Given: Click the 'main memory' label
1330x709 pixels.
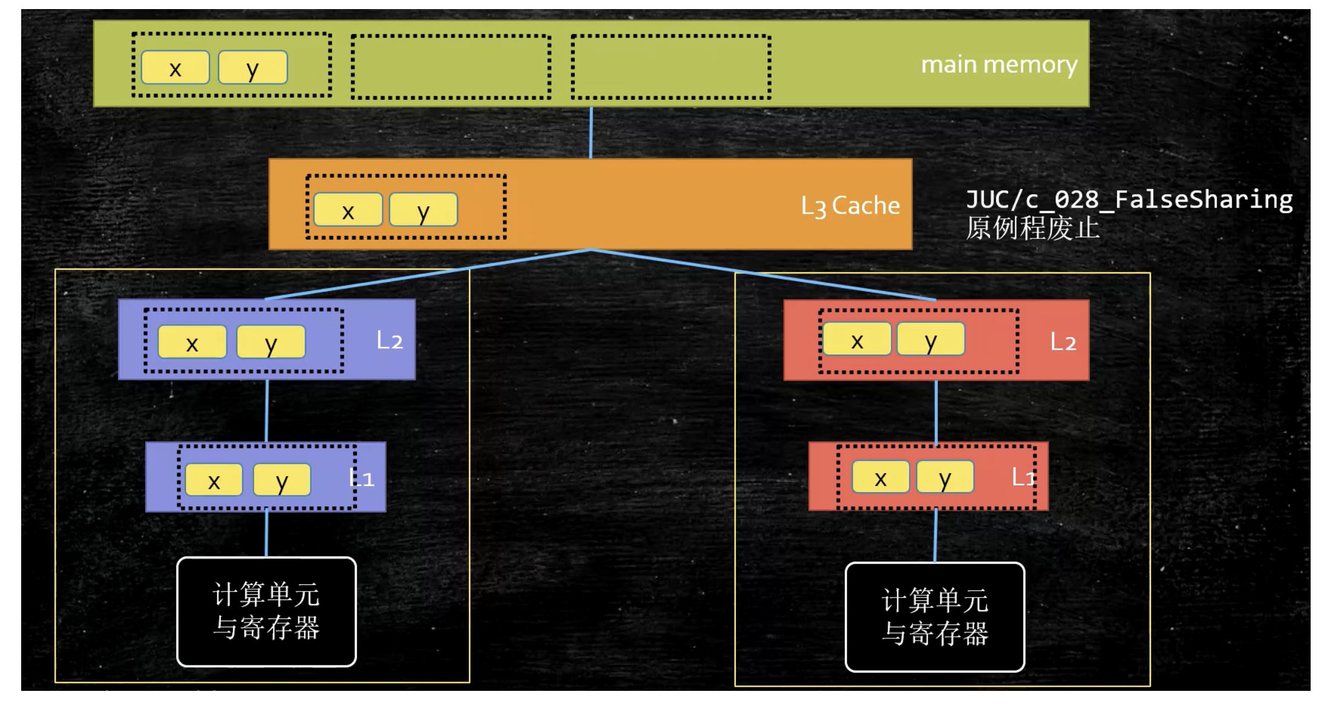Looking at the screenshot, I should (x=998, y=64).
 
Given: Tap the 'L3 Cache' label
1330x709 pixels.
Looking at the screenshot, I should (x=850, y=206).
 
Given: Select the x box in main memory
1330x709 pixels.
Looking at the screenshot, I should (x=175, y=67).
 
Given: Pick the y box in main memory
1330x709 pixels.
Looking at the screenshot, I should (x=252, y=67).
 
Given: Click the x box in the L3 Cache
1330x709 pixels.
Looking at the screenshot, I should (x=348, y=210).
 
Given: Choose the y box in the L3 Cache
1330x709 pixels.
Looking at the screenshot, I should (x=423, y=210).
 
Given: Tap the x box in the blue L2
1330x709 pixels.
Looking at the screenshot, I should (x=192, y=342).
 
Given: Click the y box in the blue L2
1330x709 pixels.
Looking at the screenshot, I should (x=270, y=342).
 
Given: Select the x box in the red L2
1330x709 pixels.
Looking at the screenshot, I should (x=857, y=339).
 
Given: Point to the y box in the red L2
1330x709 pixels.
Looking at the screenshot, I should (x=931, y=339).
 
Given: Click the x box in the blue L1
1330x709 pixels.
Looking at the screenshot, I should (x=214, y=480).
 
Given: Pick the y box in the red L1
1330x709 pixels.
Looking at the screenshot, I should (x=945, y=477).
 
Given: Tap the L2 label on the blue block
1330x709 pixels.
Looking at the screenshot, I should (x=389, y=341).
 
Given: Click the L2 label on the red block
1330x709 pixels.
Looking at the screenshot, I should (x=1063, y=342).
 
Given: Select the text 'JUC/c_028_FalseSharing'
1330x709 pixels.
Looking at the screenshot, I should (x=1129, y=199).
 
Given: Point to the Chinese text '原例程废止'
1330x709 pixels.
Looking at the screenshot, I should (x=1032, y=229).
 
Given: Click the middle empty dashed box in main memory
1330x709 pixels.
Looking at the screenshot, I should (x=451, y=67).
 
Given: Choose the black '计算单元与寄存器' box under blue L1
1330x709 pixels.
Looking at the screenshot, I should (x=266, y=612).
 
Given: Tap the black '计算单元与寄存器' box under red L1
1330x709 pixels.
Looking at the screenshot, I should (x=935, y=617).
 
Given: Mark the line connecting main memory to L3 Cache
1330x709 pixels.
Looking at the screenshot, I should (x=591, y=132).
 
